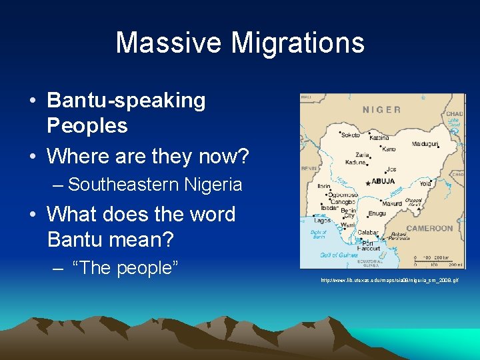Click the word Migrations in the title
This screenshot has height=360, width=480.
pos(298,43)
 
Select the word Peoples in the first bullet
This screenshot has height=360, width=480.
pos(87,125)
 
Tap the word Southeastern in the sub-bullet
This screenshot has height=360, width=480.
pos(125,184)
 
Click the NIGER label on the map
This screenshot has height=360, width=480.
pos(382,110)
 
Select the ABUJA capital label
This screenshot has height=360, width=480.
pos(383,181)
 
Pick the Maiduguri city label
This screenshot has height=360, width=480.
pos(425,143)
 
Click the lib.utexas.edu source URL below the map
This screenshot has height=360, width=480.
pos(389,281)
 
